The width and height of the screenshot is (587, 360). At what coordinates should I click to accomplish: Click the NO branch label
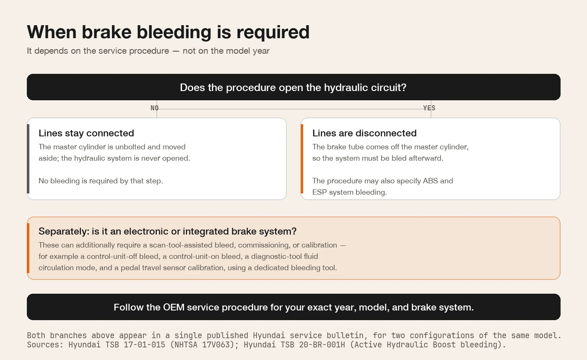pyautogui.click(x=155, y=108)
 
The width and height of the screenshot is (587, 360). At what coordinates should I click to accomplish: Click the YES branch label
pyautogui.click(x=429, y=108)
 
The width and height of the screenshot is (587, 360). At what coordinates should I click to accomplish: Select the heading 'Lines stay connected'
pyautogui.click(x=86, y=133)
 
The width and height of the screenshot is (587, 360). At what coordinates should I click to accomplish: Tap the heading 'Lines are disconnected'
pyautogui.click(x=364, y=133)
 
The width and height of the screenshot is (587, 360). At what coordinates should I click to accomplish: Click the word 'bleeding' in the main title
pyautogui.click(x=174, y=32)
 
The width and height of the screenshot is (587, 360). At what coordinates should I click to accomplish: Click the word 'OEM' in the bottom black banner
pyautogui.click(x=174, y=307)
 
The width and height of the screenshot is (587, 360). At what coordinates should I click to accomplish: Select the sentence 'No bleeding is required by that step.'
pyautogui.click(x=101, y=181)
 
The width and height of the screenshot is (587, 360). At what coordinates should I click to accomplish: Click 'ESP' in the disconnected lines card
pyautogui.click(x=319, y=192)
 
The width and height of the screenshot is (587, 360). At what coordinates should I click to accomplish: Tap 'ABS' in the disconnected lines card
pyautogui.click(x=431, y=181)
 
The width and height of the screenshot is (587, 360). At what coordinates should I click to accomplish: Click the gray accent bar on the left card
pyautogui.click(x=28, y=159)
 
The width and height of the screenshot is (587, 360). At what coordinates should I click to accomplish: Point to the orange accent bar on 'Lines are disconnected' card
pyautogui.click(x=302, y=159)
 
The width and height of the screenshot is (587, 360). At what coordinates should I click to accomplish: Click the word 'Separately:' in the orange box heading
pyautogui.click(x=64, y=231)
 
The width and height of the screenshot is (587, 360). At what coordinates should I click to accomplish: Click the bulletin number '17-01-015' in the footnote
pyautogui.click(x=144, y=344)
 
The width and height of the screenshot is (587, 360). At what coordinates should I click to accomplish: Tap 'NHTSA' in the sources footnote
pyautogui.click(x=186, y=344)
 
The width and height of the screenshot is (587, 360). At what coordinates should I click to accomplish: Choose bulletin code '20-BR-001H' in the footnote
pyautogui.click(x=322, y=344)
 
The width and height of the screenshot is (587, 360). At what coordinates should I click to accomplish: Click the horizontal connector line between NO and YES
pyautogui.click(x=291, y=109)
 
